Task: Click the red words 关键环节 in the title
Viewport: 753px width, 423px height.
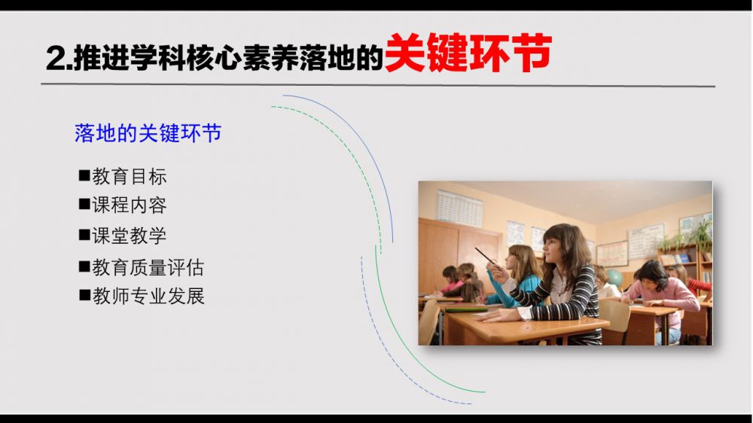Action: tap(468, 53)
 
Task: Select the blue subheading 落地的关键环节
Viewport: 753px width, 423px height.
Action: tap(148, 133)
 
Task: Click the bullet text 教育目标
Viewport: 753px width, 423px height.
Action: tap(130, 177)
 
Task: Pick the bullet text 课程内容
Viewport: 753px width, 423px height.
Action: tap(130, 205)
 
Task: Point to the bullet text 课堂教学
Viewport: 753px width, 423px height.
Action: tap(130, 236)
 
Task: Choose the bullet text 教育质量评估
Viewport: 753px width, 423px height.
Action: tap(148, 267)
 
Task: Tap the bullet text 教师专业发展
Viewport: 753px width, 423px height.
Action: tap(148, 297)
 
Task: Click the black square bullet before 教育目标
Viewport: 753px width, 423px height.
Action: tap(84, 175)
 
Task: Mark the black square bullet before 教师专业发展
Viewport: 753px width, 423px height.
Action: tap(84, 295)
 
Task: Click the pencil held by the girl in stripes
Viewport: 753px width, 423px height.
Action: tap(486, 257)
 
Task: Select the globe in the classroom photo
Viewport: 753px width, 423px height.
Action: tap(614, 278)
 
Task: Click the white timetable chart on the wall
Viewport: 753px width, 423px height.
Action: tap(459, 208)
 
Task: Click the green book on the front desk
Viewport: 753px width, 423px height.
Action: tap(466, 309)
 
